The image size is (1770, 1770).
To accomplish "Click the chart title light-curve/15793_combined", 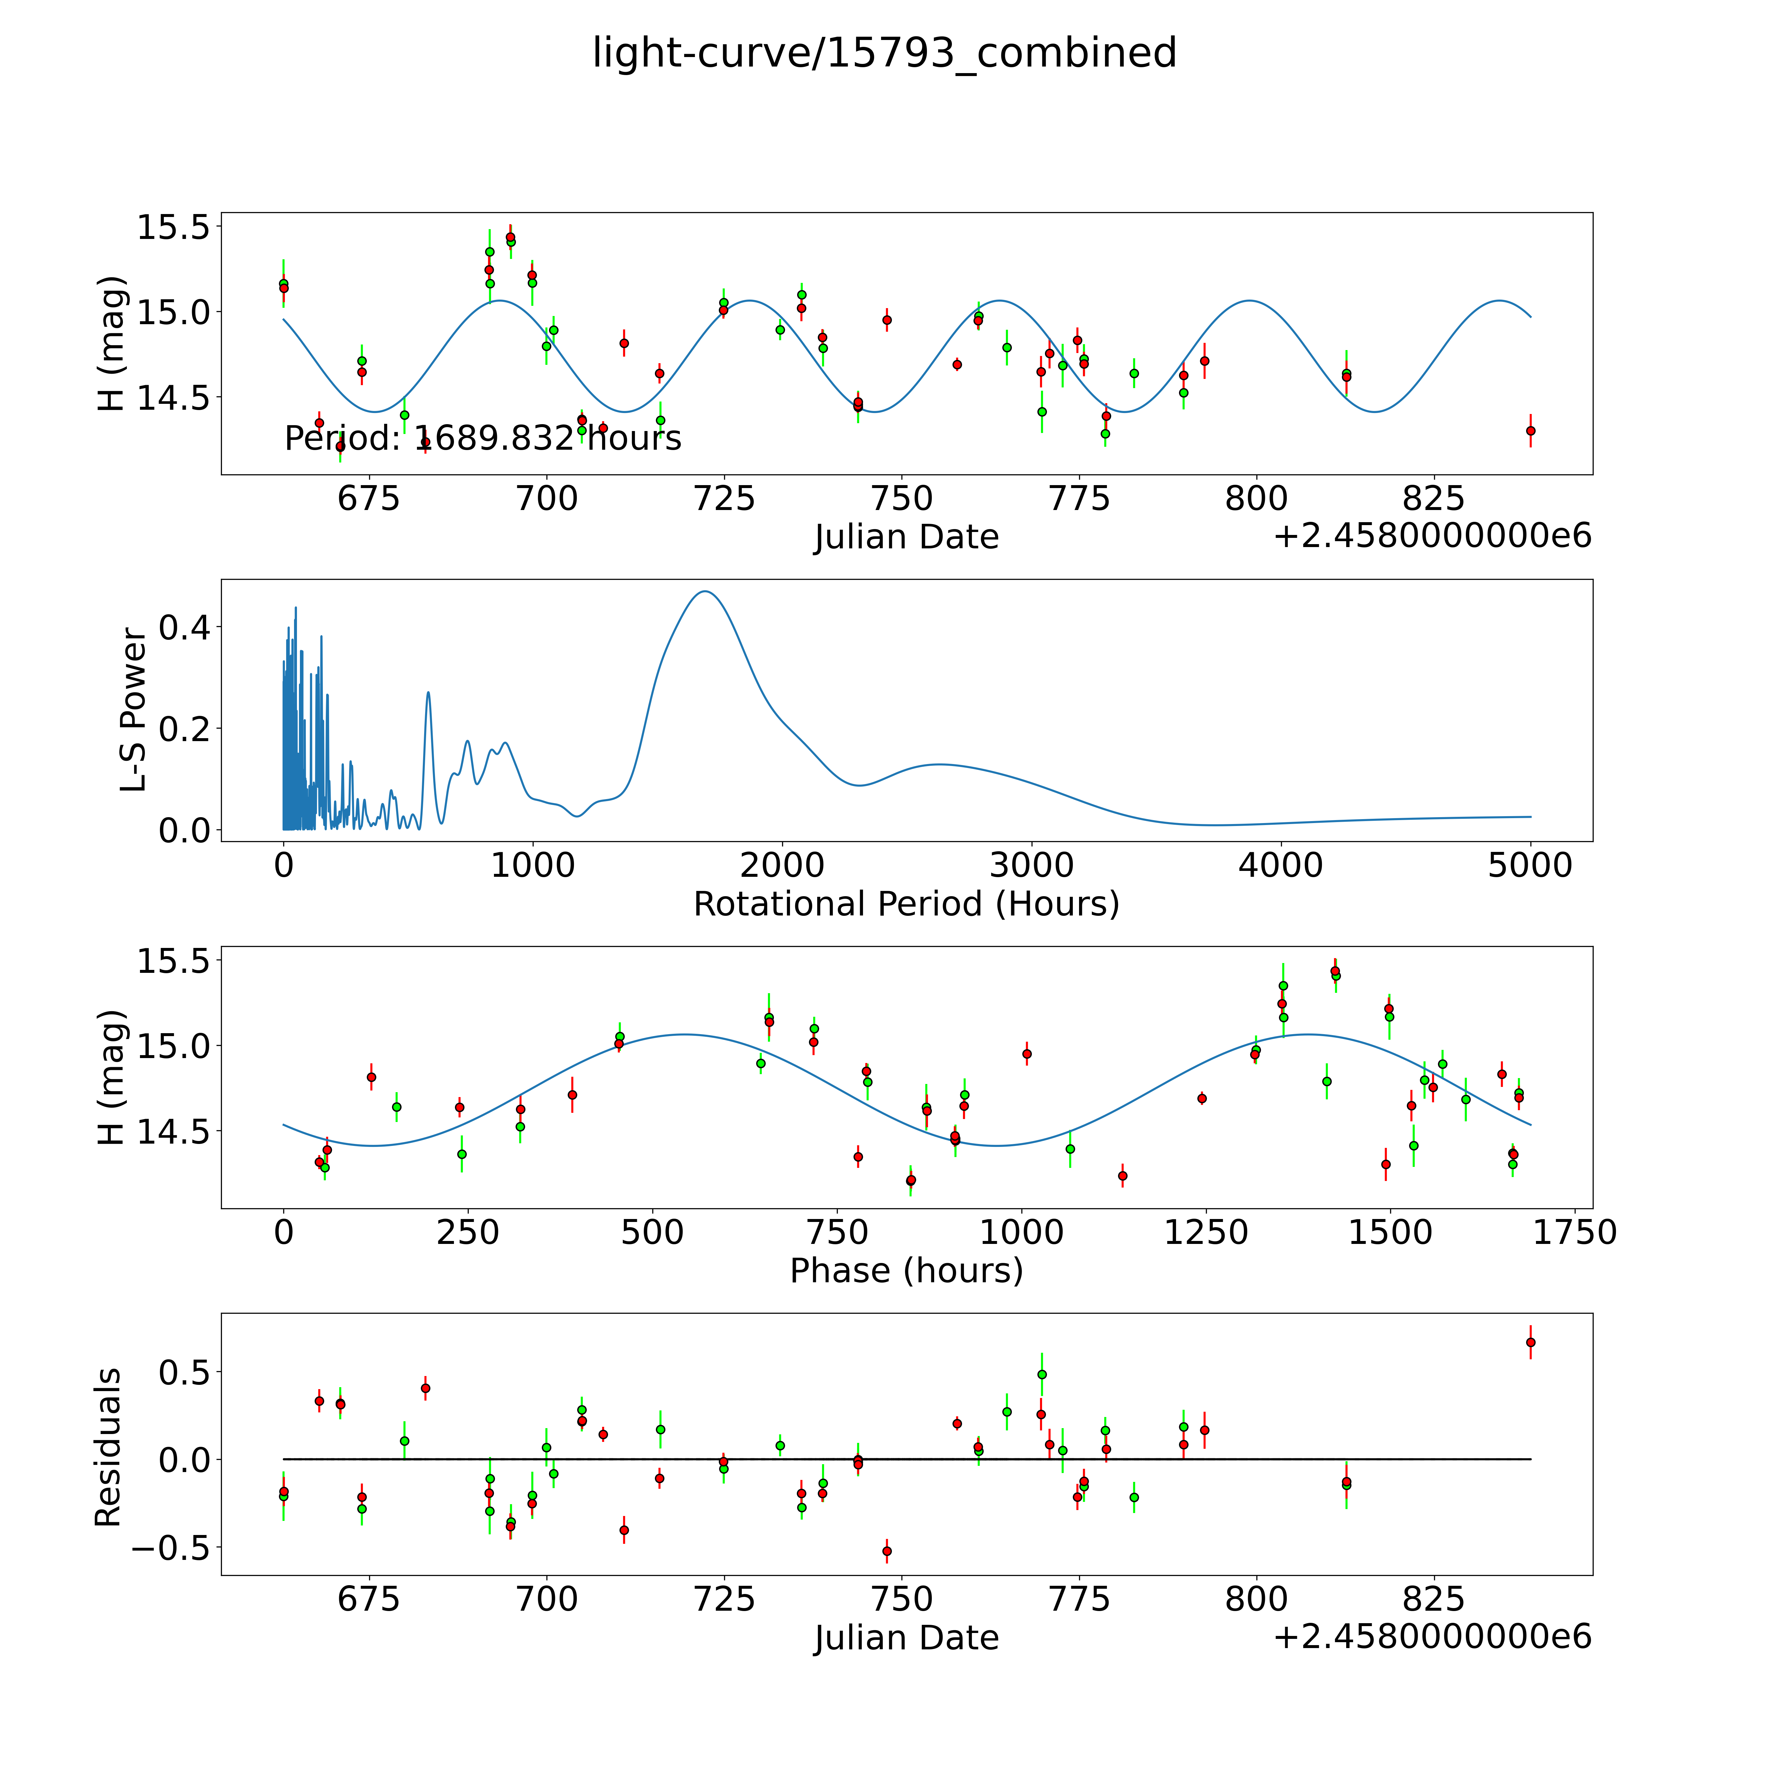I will pos(884,53).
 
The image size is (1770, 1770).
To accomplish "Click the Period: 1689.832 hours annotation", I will pos(483,439).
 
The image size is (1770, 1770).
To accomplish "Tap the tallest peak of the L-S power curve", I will pos(704,592).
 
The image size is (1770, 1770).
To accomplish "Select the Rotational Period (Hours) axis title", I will pos(906,904).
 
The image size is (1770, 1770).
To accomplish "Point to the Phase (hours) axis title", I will pos(906,1271).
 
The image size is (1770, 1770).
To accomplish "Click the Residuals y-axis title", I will pos(108,1447).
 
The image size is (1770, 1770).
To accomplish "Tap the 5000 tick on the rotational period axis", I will pos(1530,866).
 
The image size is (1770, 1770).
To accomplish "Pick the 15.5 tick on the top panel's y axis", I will pos(172,227).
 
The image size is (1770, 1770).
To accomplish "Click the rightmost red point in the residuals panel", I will pos(1530,1342).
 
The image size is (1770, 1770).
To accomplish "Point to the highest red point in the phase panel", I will pos(1335,971).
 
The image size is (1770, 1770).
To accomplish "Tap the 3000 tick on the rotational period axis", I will pos(1032,866).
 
